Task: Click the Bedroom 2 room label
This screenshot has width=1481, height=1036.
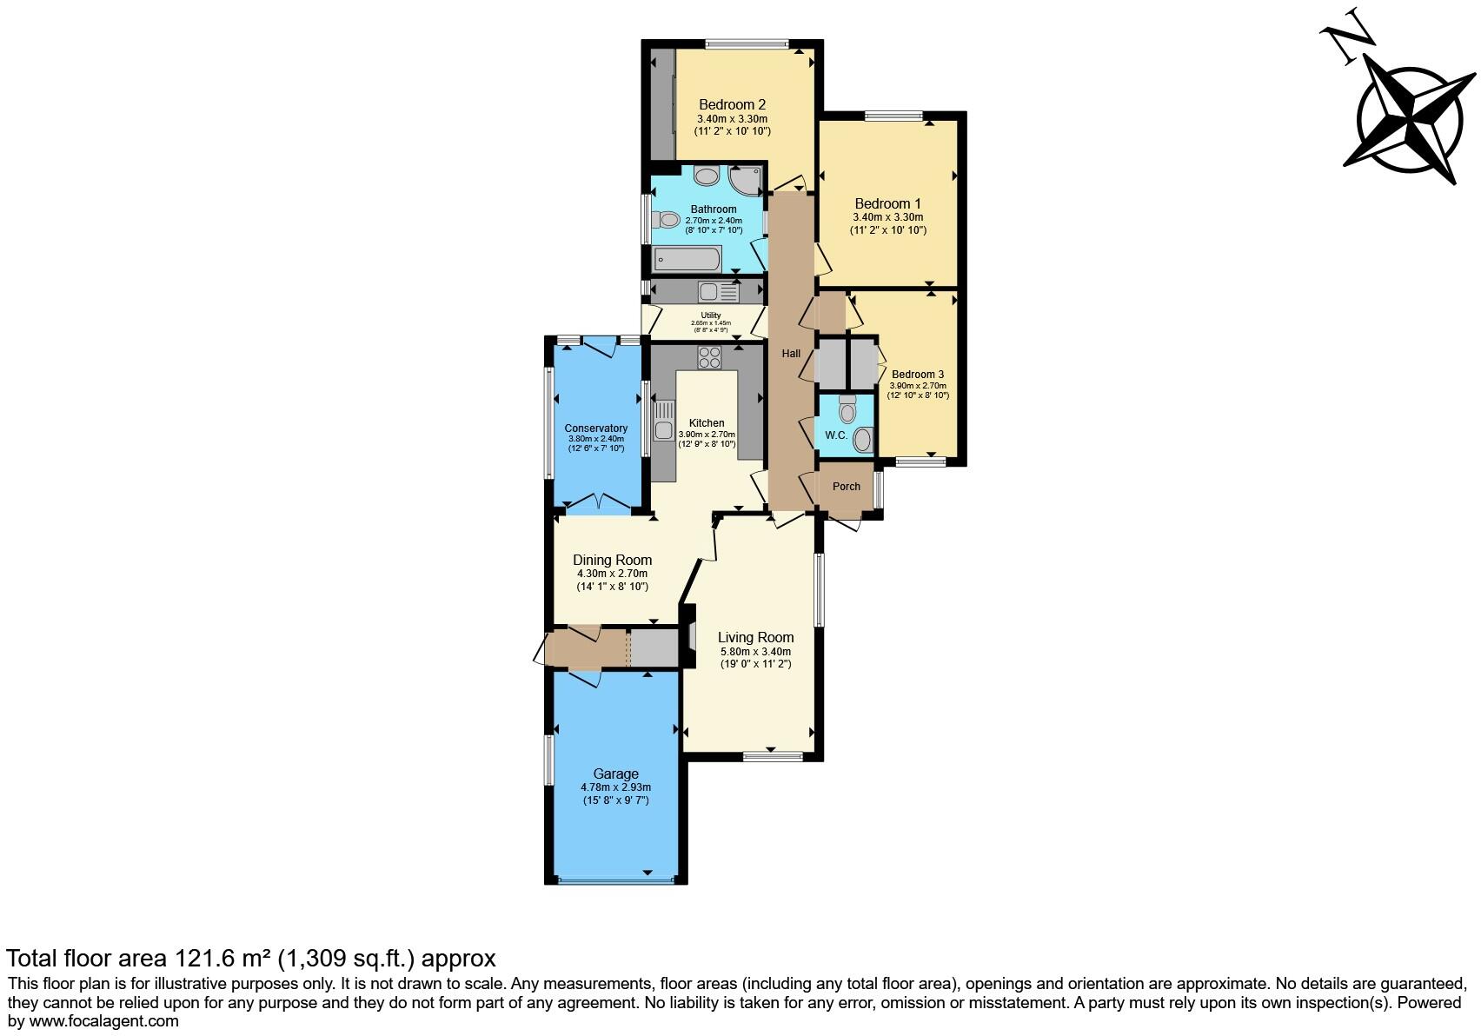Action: (x=732, y=105)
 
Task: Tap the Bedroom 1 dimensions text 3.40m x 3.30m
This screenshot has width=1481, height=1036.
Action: (x=887, y=217)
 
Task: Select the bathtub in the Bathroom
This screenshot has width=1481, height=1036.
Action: (x=687, y=258)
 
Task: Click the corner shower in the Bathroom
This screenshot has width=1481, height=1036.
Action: (x=746, y=179)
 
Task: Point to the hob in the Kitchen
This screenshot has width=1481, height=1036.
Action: (x=709, y=357)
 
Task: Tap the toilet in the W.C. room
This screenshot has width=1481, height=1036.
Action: (x=847, y=408)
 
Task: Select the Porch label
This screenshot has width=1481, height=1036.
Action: (x=846, y=487)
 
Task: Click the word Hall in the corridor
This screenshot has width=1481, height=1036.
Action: (x=791, y=354)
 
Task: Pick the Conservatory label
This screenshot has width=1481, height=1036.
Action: (x=595, y=428)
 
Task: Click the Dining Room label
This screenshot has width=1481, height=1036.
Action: (x=612, y=561)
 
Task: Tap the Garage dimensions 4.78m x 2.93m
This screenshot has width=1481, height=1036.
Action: (x=615, y=787)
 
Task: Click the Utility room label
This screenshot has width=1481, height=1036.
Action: (x=710, y=315)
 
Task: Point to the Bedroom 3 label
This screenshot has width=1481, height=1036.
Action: (x=917, y=375)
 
